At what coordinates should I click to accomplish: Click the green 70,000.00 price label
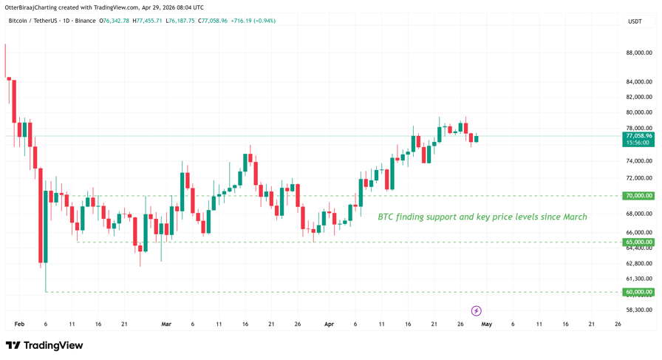[x=638, y=196]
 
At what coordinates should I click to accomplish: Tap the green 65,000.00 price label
[x=638, y=242]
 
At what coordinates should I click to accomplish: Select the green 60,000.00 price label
[x=638, y=292]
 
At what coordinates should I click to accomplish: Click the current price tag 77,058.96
[x=638, y=136]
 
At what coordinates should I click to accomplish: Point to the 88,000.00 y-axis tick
[x=638, y=52]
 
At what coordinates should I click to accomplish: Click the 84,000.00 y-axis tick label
[x=638, y=82]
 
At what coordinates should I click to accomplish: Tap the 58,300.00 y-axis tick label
[x=638, y=310]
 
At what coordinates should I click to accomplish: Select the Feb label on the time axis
[x=19, y=324]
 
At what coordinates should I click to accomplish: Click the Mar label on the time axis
[x=166, y=324]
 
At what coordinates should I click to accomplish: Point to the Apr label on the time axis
[x=329, y=324]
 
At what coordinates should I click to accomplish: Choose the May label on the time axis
[x=486, y=324]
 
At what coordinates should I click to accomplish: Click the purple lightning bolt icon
[x=477, y=311]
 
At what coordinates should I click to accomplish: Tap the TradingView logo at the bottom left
[x=44, y=345]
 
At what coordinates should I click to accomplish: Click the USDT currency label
[x=635, y=21]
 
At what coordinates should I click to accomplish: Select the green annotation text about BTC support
[x=482, y=217]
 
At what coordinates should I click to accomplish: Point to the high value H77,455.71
[x=147, y=21]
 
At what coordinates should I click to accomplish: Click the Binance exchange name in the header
[x=85, y=21]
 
